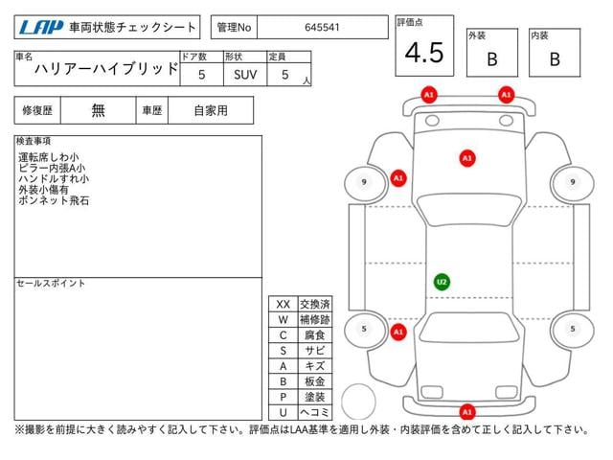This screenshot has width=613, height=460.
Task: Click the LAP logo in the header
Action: coord(40,28)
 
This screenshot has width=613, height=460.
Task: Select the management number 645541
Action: coord(322,28)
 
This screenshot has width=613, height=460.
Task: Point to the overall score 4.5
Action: coord(424,53)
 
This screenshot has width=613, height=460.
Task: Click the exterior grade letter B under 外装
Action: coord(492,59)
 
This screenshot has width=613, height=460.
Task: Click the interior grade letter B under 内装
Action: coord(555,59)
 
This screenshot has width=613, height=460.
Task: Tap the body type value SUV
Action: coord(245,75)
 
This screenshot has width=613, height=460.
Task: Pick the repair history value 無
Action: coord(98,110)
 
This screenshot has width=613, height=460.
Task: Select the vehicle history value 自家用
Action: coord(211,111)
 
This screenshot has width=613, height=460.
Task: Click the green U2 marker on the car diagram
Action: coord(442,282)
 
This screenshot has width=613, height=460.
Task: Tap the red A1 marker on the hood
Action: coord(467,158)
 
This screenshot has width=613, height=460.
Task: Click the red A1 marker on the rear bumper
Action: coord(467,412)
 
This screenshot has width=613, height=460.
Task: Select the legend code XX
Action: coord(284,305)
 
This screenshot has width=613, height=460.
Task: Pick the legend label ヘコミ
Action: coord(315,412)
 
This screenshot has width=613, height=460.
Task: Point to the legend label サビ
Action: coord(315,351)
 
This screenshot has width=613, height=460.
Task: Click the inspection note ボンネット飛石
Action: coord(54,200)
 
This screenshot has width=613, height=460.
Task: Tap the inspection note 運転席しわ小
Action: coord(49,157)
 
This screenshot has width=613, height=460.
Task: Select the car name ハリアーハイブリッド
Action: coord(106,69)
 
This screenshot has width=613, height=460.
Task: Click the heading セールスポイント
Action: coord(51,284)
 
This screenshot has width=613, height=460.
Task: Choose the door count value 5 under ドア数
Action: coord(201,75)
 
